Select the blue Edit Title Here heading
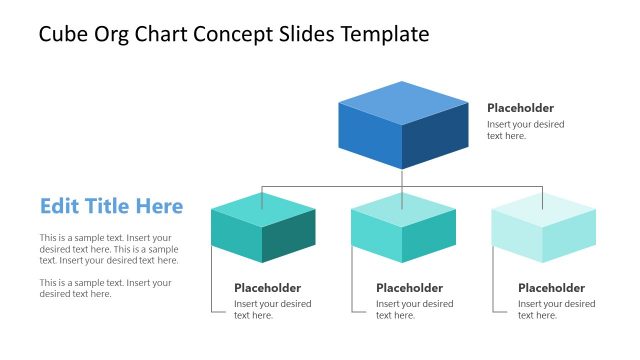[111, 206]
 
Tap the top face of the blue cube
[403, 101]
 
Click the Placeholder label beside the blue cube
[520, 108]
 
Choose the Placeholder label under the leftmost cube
[268, 288]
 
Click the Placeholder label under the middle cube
[409, 288]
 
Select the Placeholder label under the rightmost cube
[551, 288]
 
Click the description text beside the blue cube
[525, 130]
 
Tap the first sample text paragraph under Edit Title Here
[109, 249]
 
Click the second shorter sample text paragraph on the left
[105, 288]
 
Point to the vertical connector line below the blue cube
[403, 178]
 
